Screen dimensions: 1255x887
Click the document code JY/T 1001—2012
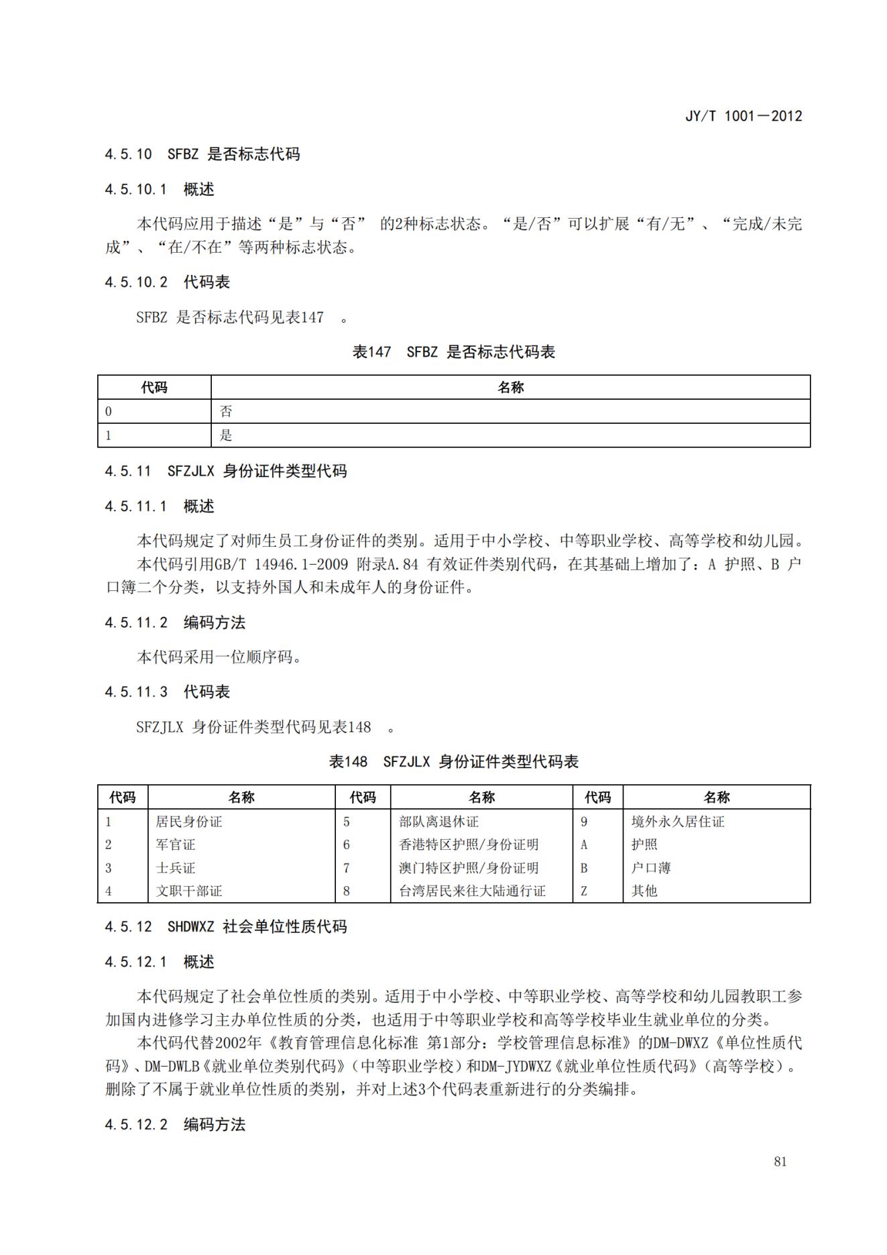[x=743, y=116]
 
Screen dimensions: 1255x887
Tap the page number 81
[x=780, y=1161]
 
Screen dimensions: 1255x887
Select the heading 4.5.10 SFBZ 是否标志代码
[x=202, y=154]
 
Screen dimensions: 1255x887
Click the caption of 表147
[x=453, y=352]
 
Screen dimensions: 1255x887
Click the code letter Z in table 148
[x=584, y=891]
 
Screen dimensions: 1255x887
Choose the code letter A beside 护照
[x=584, y=844]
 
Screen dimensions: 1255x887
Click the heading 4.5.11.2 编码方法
[x=175, y=622]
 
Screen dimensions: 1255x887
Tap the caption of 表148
[x=453, y=762]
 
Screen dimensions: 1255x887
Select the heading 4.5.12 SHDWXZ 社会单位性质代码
[x=225, y=927]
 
